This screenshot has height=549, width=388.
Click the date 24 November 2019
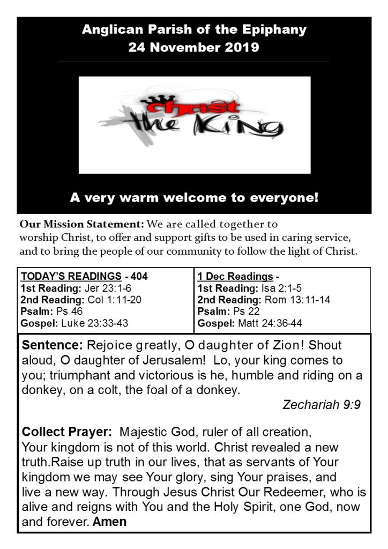pyautogui.click(x=193, y=47)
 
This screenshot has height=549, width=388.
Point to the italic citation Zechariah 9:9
pyautogui.click(x=321, y=405)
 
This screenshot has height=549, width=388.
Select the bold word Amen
pyautogui.click(x=110, y=521)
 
